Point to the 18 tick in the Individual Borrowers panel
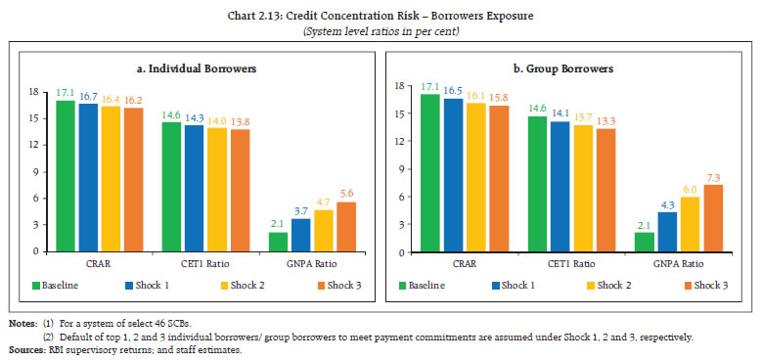(x=33, y=92)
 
